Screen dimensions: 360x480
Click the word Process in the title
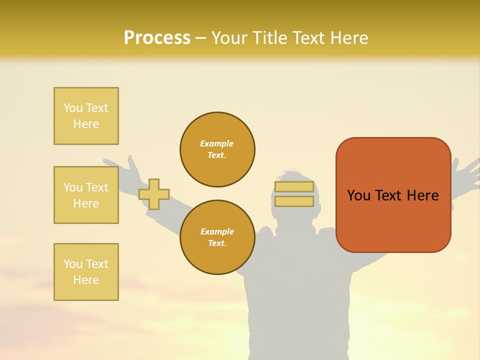[157, 38]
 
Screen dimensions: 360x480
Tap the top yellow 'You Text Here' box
[86, 116]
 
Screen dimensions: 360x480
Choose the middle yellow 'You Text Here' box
[86, 195]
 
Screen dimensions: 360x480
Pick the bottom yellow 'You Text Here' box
[86, 272]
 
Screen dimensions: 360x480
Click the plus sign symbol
[154, 194]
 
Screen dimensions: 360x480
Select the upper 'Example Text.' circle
[217, 149]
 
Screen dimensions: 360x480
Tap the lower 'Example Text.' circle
[217, 237]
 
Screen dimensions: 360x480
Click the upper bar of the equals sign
[294, 187]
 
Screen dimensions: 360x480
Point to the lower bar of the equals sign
[294, 201]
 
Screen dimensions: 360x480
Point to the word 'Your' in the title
[230, 38]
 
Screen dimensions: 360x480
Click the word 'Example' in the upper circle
[217, 143]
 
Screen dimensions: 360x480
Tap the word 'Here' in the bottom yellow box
[86, 280]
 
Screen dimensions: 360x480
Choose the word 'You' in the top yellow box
[73, 108]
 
